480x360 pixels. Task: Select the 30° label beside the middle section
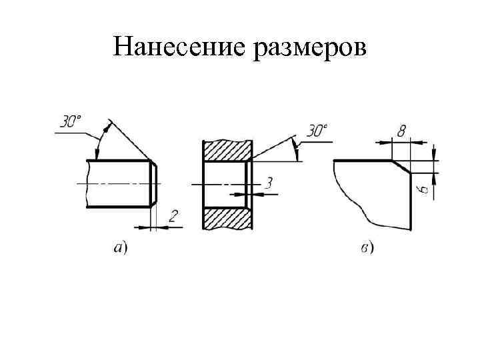[317, 131]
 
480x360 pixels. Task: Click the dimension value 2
[173, 215]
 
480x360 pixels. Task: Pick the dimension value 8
[401, 132]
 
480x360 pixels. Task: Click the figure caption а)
[121, 248]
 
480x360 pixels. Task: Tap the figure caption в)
[366, 249]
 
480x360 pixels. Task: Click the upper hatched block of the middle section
[227, 150]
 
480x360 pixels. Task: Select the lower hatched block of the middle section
[227, 219]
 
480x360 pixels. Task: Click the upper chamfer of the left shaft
[154, 165]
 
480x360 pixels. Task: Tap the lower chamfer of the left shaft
[154, 202]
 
